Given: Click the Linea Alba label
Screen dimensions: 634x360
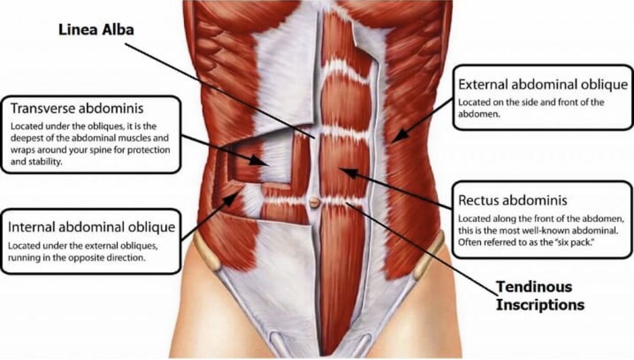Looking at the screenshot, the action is click(x=96, y=30).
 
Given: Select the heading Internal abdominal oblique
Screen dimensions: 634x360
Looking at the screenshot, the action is click(x=91, y=228).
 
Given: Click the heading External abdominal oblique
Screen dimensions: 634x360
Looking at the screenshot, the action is click(x=543, y=85).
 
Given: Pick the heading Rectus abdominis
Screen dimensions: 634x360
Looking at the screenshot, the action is click(x=512, y=200).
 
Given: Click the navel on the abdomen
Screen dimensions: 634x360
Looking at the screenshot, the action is click(x=314, y=201).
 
